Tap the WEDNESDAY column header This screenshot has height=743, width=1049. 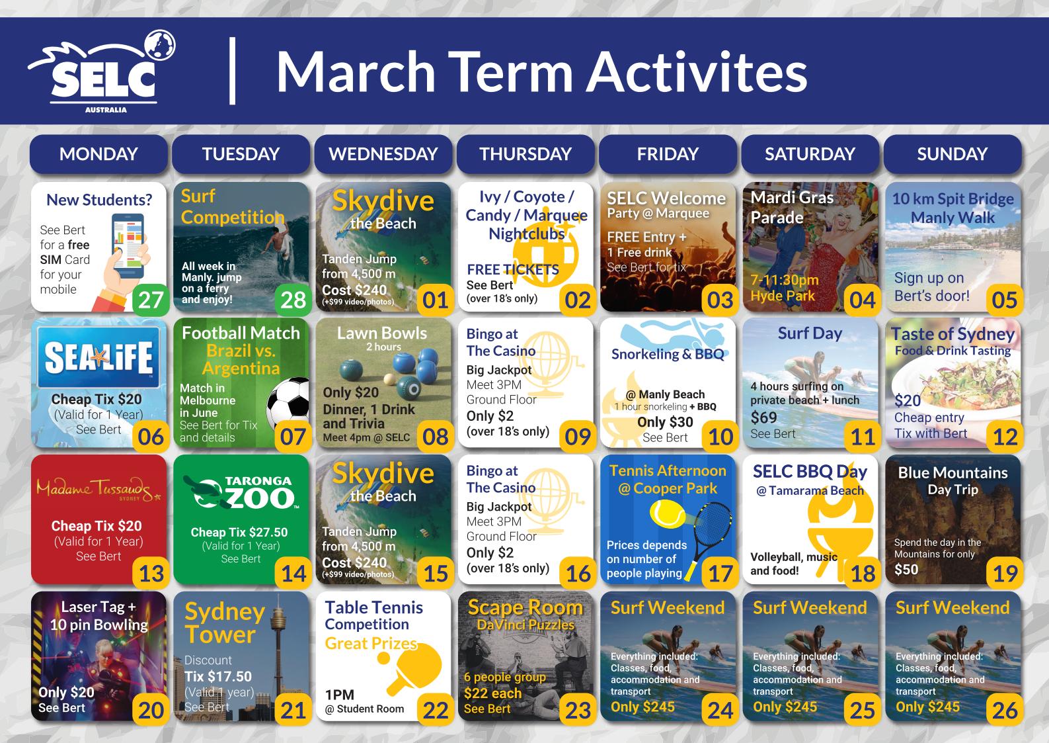click(383, 153)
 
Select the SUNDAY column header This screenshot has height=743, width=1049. click(952, 153)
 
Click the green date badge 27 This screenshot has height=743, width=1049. click(151, 299)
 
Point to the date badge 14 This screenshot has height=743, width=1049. click(293, 572)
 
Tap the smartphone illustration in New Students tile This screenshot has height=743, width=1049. click(128, 245)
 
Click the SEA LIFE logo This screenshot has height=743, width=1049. click(98, 357)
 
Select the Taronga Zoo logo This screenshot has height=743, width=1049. click(241, 492)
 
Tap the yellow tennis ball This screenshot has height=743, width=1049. click(667, 514)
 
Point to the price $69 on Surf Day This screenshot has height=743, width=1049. click(763, 417)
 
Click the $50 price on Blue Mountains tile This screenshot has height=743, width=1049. click(906, 569)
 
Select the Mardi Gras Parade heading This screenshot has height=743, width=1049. click(792, 207)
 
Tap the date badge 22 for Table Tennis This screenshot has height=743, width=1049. click(436, 709)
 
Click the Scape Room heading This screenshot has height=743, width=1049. click(525, 607)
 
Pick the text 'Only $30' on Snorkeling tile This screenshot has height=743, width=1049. click(665, 422)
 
